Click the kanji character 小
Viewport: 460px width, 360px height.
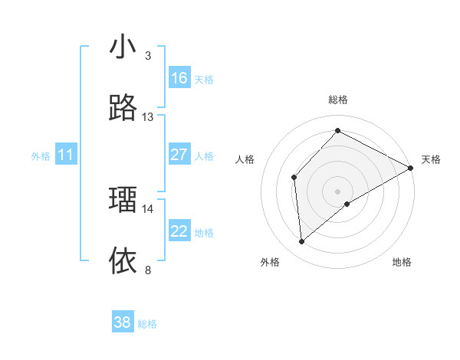123,47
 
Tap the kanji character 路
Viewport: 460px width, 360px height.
123,109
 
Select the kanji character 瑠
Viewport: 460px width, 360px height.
123,200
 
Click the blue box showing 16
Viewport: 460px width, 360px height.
179,78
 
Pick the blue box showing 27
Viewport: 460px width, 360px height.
179,155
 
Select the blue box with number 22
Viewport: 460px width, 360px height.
179,231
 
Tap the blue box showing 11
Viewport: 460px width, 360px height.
66,155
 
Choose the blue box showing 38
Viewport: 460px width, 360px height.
123,322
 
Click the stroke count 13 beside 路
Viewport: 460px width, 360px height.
148,117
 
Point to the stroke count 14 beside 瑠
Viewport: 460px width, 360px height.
148,208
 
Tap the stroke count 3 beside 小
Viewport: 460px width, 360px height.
148,56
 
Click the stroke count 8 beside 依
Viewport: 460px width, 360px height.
148,270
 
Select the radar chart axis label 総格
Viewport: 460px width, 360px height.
338,100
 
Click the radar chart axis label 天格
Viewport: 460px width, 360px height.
431,159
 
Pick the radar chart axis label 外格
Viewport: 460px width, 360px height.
270,262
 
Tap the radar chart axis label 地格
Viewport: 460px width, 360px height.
402,262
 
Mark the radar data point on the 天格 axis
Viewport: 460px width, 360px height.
411,168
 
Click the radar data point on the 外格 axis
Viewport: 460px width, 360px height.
302,242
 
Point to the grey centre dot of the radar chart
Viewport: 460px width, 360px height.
338,191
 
